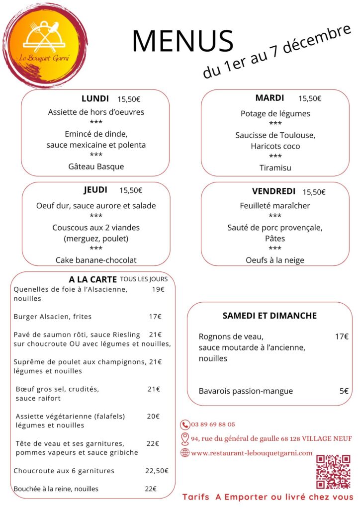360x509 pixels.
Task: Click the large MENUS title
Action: [x=182, y=41]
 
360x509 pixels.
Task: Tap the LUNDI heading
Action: [x=95, y=98]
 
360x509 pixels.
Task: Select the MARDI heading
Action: [x=270, y=98]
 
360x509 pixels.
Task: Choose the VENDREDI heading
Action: [x=273, y=191]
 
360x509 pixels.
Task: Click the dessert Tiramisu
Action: [x=275, y=168]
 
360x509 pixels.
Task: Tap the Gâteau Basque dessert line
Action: [x=96, y=167]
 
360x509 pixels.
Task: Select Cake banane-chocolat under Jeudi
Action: [x=96, y=260]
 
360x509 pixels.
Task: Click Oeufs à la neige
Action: [x=275, y=260]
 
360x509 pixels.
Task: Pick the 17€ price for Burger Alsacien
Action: [x=155, y=317]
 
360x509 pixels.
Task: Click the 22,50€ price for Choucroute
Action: [x=157, y=471]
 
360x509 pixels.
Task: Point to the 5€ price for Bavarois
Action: [x=344, y=391]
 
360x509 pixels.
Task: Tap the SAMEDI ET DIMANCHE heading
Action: [x=270, y=316]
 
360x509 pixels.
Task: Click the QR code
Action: [x=334, y=472]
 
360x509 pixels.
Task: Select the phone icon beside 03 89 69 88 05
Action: [x=185, y=424]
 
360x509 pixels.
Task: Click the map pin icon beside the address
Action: [x=185, y=438]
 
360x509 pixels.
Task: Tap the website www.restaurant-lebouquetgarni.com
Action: [x=252, y=453]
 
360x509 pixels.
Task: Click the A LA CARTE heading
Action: [x=92, y=279]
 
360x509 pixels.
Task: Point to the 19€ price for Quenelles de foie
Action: [x=158, y=289]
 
